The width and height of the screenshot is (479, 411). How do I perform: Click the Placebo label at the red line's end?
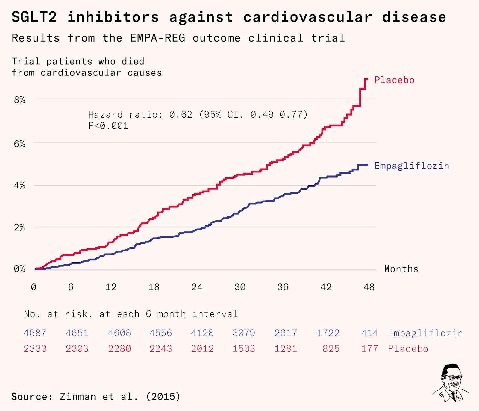pyautogui.click(x=394, y=80)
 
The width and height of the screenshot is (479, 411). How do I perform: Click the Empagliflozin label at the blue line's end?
pyautogui.click(x=412, y=166)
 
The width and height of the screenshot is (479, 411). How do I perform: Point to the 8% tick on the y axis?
pyautogui.click(x=19, y=100)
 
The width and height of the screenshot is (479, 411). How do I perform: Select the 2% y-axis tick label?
pyautogui.click(x=19, y=228)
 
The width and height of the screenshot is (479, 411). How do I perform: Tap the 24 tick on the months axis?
pyautogui.click(x=197, y=287)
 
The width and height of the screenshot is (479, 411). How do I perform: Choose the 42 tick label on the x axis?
pyautogui.click(x=326, y=287)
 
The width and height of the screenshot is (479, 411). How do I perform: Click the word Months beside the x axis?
pyautogui.click(x=401, y=269)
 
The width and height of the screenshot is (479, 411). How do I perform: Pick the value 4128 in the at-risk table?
pyautogui.click(x=202, y=333)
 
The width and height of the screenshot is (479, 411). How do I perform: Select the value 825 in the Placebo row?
pyautogui.click(x=331, y=349)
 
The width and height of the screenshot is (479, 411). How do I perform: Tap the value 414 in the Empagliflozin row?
pyautogui.click(x=370, y=333)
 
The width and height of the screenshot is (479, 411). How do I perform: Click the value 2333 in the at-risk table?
pyautogui.click(x=35, y=349)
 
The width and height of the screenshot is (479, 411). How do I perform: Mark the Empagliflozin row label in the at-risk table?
pyautogui.click(x=425, y=333)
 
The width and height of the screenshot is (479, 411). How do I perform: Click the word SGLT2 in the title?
pyautogui.click(x=34, y=17)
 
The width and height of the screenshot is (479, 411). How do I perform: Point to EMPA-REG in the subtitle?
pyautogui.click(x=157, y=38)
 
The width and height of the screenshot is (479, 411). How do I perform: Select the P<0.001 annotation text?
pyautogui.click(x=108, y=126)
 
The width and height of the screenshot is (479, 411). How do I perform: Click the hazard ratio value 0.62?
pyautogui.click(x=181, y=114)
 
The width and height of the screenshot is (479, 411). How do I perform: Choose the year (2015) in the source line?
pyautogui.click(x=163, y=397)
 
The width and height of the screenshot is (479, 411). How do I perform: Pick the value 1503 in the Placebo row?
pyautogui.click(x=244, y=349)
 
